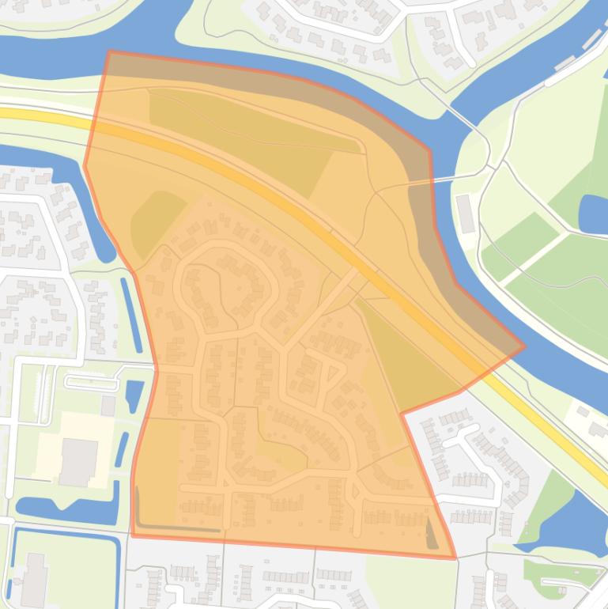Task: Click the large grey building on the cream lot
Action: tap(78, 462)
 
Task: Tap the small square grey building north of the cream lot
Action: tap(108, 406)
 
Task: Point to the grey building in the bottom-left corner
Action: tap(33, 581)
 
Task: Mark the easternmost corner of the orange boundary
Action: tap(524, 346)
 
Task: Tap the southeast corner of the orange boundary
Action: tap(455, 558)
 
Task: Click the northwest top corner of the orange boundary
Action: tap(108, 52)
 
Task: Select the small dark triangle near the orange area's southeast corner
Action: tap(431, 534)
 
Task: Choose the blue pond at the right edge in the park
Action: tap(594, 214)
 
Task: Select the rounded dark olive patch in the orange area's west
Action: tap(154, 221)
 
